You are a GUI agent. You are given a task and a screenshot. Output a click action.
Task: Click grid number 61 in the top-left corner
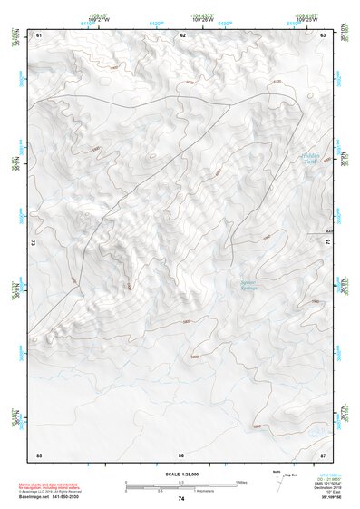(x=39, y=34)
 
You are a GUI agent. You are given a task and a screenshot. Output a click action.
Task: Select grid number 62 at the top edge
(x=182, y=34)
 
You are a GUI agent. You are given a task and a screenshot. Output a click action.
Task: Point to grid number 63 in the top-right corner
(x=323, y=34)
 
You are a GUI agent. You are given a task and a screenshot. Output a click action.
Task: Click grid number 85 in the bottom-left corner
(x=39, y=454)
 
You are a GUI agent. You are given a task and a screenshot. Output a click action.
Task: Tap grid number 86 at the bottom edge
(x=181, y=454)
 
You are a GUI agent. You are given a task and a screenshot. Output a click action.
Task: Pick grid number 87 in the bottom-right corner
(x=323, y=454)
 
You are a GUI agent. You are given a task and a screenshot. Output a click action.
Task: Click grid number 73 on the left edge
(x=34, y=243)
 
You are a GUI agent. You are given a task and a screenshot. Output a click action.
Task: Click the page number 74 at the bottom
(x=181, y=499)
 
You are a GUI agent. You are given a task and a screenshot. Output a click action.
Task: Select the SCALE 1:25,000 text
(x=180, y=475)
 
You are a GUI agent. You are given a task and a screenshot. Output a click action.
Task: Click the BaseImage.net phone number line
(x=51, y=496)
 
